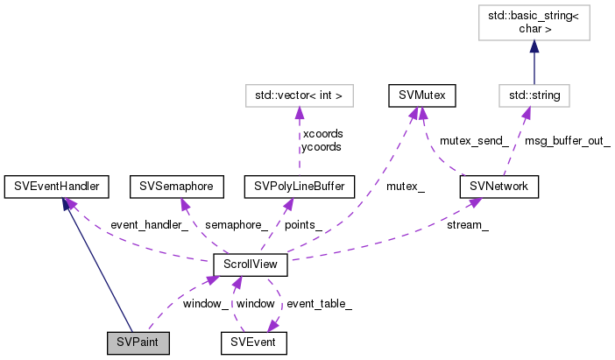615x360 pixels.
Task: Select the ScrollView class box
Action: [x=252, y=263]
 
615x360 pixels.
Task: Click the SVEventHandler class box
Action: [x=56, y=186]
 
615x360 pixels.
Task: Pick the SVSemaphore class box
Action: [x=176, y=186]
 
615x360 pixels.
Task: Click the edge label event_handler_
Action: [x=149, y=225]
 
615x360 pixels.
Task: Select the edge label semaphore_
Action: [x=234, y=225]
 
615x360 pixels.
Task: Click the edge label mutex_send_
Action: [x=474, y=139]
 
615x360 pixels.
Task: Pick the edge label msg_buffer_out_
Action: [x=567, y=139]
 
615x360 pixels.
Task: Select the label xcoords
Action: [x=322, y=133]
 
